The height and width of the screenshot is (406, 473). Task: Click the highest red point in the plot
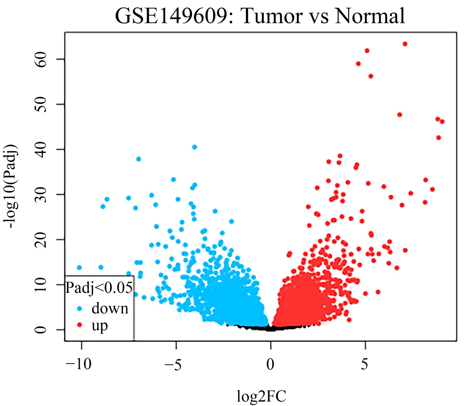click(405, 44)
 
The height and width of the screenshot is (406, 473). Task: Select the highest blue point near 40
click(195, 147)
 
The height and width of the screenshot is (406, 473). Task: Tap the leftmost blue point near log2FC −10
click(79, 267)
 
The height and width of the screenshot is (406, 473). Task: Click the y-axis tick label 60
click(41, 59)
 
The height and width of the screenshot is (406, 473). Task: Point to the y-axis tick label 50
click(41, 104)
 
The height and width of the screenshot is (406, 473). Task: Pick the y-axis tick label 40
click(41, 149)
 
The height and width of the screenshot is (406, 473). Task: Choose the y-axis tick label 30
click(41, 194)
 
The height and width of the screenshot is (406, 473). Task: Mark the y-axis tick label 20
click(41, 239)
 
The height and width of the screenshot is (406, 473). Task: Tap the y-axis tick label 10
click(41, 284)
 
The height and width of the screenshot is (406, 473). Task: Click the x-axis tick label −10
click(79, 364)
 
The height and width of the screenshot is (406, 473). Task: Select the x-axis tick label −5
click(173, 364)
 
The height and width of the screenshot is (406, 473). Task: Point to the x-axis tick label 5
click(365, 364)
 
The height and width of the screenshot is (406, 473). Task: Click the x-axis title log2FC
click(261, 396)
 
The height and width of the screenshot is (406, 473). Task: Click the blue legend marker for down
click(79, 308)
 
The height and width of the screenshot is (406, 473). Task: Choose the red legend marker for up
click(79, 325)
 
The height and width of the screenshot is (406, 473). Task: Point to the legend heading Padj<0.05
click(99, 288)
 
